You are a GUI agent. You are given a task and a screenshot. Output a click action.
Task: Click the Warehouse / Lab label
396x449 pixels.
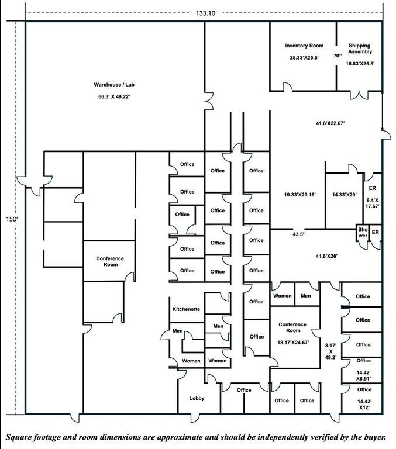114,85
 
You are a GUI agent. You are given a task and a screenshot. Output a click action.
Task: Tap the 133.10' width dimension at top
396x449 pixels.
206,13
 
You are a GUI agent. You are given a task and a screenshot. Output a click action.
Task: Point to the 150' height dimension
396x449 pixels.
12,219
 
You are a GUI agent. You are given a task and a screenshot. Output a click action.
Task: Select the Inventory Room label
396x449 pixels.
304,46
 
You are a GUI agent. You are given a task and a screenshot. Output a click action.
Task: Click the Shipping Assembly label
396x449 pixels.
360,49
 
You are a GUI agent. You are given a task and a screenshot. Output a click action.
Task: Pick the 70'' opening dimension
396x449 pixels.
338,56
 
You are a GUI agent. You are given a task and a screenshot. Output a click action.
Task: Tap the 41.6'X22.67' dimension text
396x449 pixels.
330,123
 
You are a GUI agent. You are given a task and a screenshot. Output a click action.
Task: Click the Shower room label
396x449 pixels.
363,233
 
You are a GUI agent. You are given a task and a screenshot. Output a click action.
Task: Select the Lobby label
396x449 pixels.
197,398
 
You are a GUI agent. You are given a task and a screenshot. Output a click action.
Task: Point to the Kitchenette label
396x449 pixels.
186,309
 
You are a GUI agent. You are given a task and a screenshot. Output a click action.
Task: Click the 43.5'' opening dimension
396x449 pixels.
299,234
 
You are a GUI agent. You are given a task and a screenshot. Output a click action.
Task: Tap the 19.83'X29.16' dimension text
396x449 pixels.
299,195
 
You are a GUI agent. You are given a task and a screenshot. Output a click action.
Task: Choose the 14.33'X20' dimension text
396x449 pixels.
345,195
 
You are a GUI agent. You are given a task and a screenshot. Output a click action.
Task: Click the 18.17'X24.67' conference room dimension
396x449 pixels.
293,342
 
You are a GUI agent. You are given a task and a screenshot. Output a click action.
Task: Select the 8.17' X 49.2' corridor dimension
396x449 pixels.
330,351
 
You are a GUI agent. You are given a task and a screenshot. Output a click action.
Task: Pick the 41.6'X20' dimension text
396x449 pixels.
326,256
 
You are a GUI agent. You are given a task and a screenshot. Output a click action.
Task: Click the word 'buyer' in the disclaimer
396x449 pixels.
376,437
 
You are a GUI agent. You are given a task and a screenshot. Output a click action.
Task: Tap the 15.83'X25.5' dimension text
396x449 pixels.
360,64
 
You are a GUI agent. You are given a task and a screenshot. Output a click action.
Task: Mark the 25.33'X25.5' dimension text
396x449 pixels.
304,57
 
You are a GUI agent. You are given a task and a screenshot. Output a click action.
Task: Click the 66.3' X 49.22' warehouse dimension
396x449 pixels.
114,97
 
